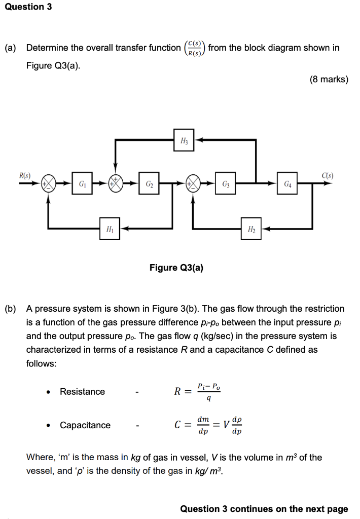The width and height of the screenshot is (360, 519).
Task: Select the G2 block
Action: click(x=149, y=183)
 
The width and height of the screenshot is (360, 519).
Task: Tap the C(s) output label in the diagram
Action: click(x=327, y=175)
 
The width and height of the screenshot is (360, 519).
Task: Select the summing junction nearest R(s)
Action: click(x=49, y=183)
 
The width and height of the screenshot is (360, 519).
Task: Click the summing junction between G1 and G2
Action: click(x=116, y=183)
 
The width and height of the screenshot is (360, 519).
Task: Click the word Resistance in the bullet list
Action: click(x=82, y=391)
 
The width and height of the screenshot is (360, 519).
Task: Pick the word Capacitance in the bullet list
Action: click(x=85, y=425)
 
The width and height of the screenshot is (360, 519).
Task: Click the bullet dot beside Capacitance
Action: click(x=48, y=426)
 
